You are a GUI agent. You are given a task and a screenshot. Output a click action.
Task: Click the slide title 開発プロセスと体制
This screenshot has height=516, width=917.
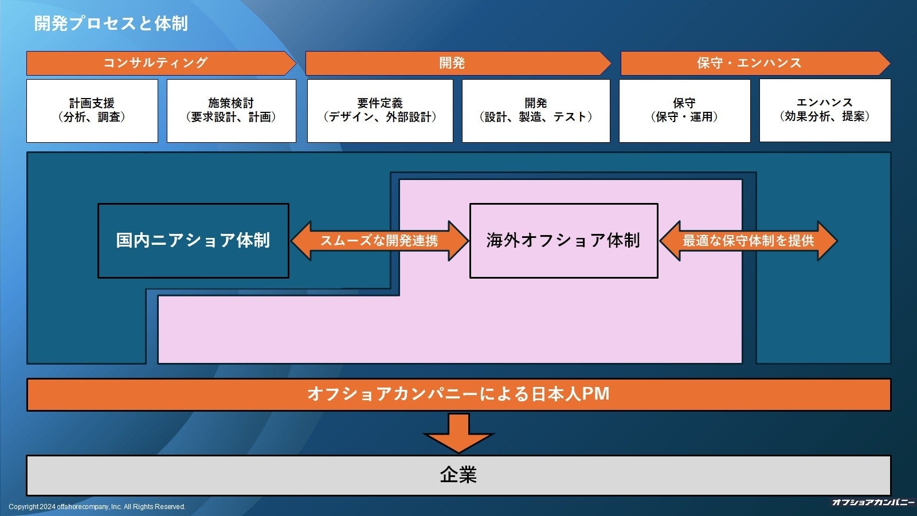click(x=111, y=24)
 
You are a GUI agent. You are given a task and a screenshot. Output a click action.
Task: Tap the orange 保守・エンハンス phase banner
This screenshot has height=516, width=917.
click(x=750, y=63)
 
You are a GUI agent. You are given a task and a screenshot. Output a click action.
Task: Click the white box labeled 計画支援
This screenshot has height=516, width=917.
click(x=92, y=110)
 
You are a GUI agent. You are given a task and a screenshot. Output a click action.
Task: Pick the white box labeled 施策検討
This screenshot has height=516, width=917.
click(x=231, y=110)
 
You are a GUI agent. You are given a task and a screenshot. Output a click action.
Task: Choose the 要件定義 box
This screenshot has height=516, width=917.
click(x=379, y=110)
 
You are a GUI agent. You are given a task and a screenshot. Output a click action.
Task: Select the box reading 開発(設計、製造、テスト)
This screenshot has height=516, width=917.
click(x=535, y=110)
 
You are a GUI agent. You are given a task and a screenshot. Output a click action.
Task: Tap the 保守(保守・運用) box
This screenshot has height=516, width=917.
click(x=684, y=110)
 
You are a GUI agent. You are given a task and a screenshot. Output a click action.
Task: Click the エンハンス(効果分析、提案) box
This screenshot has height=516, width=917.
click(x=825, y=110)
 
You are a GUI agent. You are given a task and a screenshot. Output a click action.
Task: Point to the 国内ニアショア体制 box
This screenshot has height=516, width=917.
click(x=193, y=240)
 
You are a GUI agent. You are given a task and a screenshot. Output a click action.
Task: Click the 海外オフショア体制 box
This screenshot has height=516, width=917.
click(x=563, y=240)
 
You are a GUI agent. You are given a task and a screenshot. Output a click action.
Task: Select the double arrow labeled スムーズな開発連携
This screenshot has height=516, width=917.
click(x=379, y=241)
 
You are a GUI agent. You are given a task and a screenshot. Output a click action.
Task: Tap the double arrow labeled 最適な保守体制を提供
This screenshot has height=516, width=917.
click(x=748, y=241)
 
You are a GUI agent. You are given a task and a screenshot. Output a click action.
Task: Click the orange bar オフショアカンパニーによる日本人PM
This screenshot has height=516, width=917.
click(x=458, y=394)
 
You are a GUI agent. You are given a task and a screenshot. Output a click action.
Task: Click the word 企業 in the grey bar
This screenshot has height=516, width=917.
click(x=458, y=475)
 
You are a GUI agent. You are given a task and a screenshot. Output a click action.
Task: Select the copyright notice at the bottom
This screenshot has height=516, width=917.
click(x=97, y=507)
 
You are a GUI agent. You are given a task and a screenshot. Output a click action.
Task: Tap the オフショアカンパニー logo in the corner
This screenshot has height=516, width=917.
click(x=873, y=503)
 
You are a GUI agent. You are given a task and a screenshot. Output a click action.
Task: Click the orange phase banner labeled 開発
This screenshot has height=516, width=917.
click(x=453, y=63)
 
